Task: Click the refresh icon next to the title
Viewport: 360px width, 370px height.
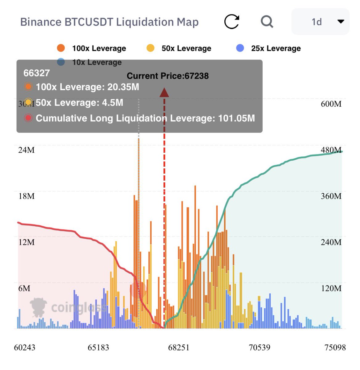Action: point(231,22)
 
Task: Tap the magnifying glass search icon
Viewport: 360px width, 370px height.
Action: point(267,22)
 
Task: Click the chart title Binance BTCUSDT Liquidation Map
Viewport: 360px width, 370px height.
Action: point(109,22)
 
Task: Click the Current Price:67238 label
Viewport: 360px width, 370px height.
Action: point(168,76)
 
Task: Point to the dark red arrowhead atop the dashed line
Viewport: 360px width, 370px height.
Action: point(164,92)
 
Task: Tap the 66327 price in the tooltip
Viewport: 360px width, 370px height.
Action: point(37,73)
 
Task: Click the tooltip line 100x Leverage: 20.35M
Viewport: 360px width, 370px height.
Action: point(87,87)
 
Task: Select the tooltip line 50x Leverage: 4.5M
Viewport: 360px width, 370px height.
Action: point(79,103)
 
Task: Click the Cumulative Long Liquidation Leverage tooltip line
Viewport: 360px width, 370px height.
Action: point(145,118)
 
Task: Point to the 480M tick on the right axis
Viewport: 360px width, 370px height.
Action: point(331,150)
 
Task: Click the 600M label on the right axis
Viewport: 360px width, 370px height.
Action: point(331,104)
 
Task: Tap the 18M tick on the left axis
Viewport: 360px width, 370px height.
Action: point(27,196)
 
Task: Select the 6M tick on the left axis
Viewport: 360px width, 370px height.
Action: point(24,288)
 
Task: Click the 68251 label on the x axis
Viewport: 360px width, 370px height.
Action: point(179,347)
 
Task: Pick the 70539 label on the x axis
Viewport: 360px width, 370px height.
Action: point(260,347)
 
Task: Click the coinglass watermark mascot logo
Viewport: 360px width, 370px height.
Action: point(38,307)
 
